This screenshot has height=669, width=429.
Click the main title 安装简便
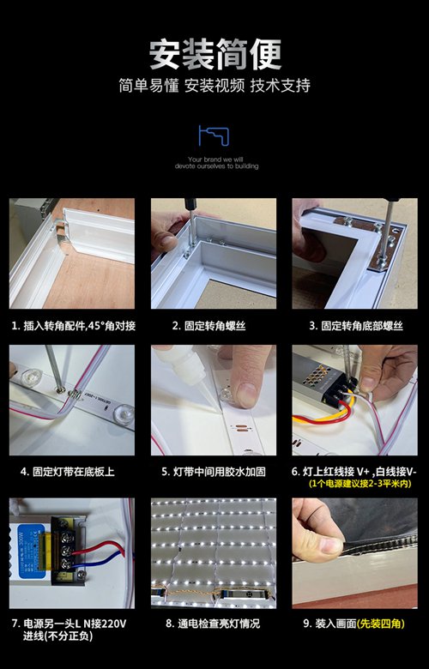(x=214, y=53)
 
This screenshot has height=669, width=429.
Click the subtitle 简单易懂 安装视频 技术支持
(x=214, y=86)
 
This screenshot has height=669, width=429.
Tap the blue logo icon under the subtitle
(x=214, y=136)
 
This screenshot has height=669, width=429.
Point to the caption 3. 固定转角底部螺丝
(x=355, y=327)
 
